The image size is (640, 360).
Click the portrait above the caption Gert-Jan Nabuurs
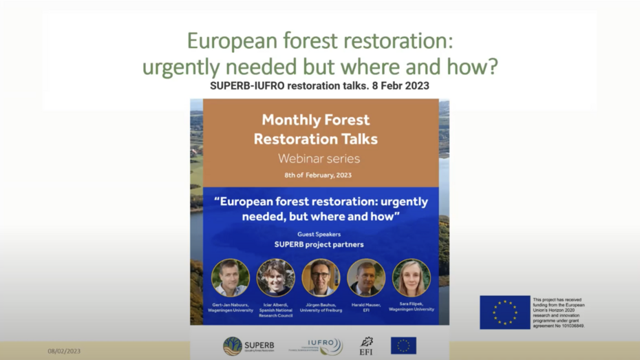[x=231, y=278]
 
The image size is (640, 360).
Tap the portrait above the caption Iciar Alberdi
[x=276, y=278]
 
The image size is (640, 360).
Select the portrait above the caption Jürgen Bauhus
[x=321, y=278]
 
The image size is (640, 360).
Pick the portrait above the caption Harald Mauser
[x=366, y=278]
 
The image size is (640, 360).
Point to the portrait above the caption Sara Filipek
[x=412, y=278]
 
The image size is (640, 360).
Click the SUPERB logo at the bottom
[x=248, y=346]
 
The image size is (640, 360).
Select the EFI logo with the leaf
[x=367, y=346]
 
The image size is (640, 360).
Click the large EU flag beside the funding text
[x=504, y=313]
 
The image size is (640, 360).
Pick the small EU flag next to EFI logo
[x=403, y=346]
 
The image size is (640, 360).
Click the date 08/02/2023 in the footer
[x=64, y=351]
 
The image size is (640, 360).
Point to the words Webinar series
[x=319, y=158]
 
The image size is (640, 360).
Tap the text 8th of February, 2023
[x=318, y=176]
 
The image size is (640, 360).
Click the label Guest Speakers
[x=319, y=235]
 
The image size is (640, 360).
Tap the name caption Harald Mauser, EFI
[x=366, y=307]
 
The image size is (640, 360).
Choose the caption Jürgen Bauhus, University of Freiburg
[x=321, y=307]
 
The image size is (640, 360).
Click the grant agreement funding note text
[x=559, y=313]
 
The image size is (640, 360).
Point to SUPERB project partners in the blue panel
[x=319, y=244]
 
